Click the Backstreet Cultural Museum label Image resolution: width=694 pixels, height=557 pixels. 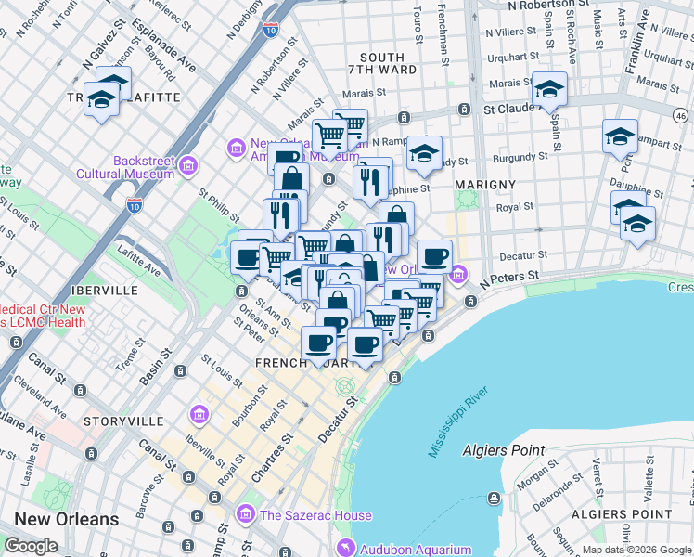point(144,167)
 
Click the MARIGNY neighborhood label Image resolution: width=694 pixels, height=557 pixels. point(485,185)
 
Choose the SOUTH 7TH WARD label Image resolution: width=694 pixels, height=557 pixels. point(382,65)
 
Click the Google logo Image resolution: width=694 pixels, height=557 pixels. point(31,546)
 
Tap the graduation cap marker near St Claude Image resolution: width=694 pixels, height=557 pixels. point(549,91)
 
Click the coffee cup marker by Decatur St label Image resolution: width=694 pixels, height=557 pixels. point(433,256)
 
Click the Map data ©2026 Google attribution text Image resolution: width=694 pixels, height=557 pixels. point(636,550)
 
